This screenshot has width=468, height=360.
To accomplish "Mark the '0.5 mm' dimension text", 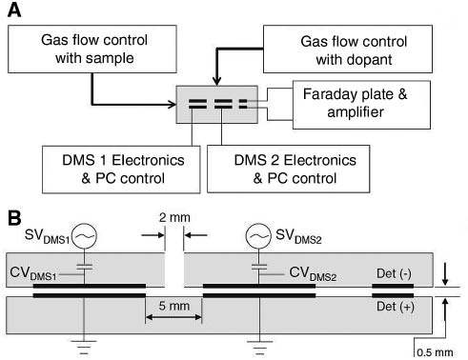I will pos(438,350).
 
